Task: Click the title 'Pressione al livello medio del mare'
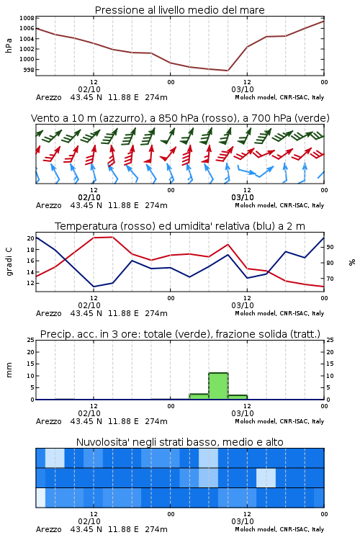(179, 10)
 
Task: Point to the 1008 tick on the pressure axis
(27, 18)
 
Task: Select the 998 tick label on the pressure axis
(29, 70)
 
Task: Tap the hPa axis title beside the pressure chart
(9, 45)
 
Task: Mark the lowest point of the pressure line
(228, 71)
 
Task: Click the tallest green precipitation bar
(218, 386)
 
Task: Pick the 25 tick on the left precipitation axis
(31, 340)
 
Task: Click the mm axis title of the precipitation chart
(9, 370)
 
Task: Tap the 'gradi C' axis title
(9, 262)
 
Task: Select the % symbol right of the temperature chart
(352, 262)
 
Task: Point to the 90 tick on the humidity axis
(330, 247)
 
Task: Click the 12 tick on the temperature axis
(31, 283)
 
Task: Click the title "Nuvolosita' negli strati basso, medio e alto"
(179, 442)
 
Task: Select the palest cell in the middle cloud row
(266, 477)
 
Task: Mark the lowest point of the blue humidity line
(94, 287)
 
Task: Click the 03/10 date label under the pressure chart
(243, 89)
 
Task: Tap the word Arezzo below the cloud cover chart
(48, 529)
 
